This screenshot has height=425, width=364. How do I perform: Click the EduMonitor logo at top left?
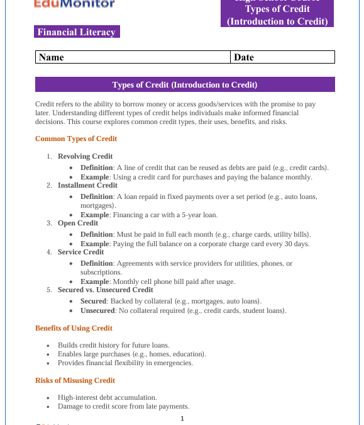coord(75,4)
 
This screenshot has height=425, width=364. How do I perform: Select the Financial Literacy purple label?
coord(77,32)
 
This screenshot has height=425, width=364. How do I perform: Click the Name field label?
coord(52,57)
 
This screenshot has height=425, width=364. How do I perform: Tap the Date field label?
coord(244,57)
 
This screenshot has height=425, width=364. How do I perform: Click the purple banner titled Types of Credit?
coord(185,84)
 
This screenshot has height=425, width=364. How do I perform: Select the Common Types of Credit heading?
coord(76,139)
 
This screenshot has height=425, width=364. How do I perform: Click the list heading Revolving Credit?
coord(85,156)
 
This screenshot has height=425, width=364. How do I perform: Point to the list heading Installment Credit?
coord(87,185)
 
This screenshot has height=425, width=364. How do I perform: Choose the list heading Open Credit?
coord(78,223)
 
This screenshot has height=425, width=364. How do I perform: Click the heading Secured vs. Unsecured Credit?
coord(106,290)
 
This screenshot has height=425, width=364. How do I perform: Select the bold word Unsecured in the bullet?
coord(97,310)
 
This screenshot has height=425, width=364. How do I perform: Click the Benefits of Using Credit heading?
coord(74,328)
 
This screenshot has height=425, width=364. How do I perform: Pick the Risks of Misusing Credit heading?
coord(75,380)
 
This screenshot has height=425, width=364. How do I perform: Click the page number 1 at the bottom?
coord(182,419)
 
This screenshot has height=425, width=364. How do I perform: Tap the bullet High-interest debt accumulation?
coord(108,397)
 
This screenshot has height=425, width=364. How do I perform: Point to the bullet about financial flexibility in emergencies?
coord(125,363)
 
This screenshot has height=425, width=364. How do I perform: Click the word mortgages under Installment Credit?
coord(97,205)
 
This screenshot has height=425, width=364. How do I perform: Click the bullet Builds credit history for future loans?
coord(114,345)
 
